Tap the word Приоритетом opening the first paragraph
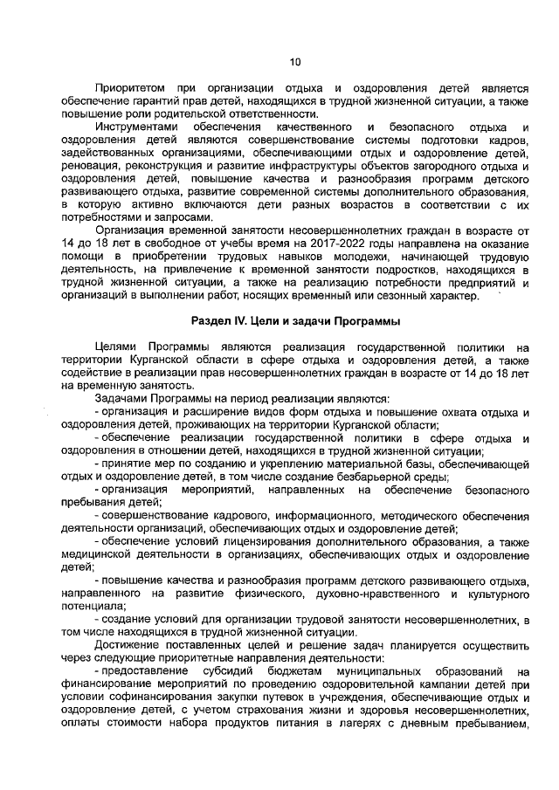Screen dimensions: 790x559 (128, 89)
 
